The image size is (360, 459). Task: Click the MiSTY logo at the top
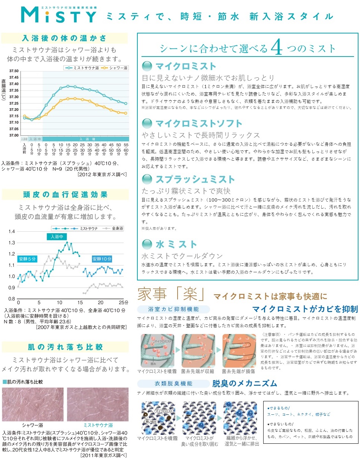coord(59,15)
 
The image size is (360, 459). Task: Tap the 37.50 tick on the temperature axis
coord(14,71)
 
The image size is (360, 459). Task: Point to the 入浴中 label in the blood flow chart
coord(57,237)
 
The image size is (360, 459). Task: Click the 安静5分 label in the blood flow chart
coord(27,259)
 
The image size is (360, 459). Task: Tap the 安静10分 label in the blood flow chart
coord(102,259)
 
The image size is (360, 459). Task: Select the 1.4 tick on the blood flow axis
coord(12,231)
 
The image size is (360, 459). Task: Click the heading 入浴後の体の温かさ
coord(64,38)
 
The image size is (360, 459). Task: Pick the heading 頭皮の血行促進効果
coord(65,195)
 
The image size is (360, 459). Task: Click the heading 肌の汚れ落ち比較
coord(65,347)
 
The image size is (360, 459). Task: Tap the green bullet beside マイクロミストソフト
coord(147,123)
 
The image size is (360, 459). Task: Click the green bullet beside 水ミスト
coord(147,244)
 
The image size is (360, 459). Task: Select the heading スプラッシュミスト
coord(195,179)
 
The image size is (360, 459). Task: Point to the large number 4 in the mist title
coord(277,47)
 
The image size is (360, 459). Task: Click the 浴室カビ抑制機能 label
coord(173,309)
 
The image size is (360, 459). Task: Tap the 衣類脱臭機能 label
coord(173,383)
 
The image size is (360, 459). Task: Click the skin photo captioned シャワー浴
coord(33,404)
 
